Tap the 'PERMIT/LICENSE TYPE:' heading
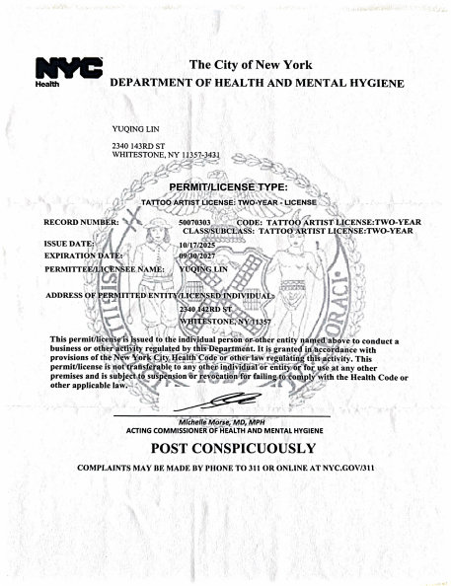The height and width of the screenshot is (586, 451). point(228,185)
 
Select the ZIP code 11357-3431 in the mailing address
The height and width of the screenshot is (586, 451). point(211,157)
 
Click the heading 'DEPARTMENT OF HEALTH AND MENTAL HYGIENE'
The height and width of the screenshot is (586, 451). point(256,83)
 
